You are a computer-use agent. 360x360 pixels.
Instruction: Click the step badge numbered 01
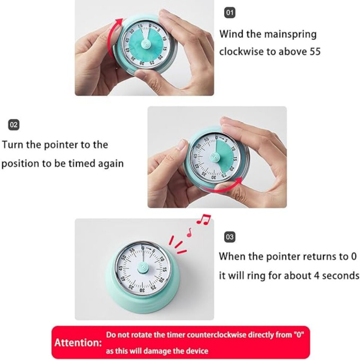229,12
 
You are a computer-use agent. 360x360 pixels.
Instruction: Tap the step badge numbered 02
13,125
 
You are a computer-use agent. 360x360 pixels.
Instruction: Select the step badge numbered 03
229,237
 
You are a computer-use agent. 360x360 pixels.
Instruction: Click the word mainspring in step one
291,35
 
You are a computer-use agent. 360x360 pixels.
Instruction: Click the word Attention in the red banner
78,343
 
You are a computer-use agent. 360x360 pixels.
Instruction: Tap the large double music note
203,219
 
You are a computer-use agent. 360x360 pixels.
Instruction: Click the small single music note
189,232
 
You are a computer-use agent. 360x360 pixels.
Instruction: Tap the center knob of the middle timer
215,157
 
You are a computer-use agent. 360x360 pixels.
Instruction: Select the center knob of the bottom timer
143,268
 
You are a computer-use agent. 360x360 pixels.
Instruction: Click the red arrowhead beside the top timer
119,22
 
